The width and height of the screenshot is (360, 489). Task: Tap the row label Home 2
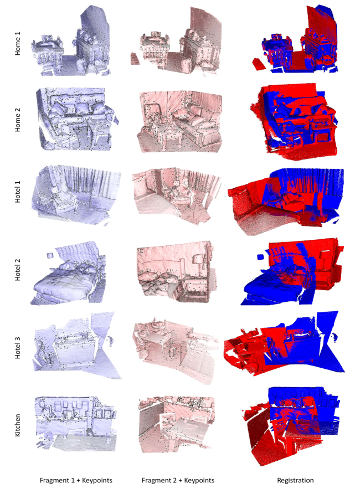[18, 120]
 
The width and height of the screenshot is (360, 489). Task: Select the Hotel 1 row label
[18, 192]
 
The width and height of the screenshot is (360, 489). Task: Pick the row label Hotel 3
[18, 347]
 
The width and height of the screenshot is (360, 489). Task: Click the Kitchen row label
[18, 425]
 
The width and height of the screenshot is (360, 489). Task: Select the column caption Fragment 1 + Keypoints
[76, 480]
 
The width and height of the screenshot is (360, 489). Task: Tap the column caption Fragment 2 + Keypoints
[178, 480]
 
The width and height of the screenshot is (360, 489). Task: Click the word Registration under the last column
[295, 480]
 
